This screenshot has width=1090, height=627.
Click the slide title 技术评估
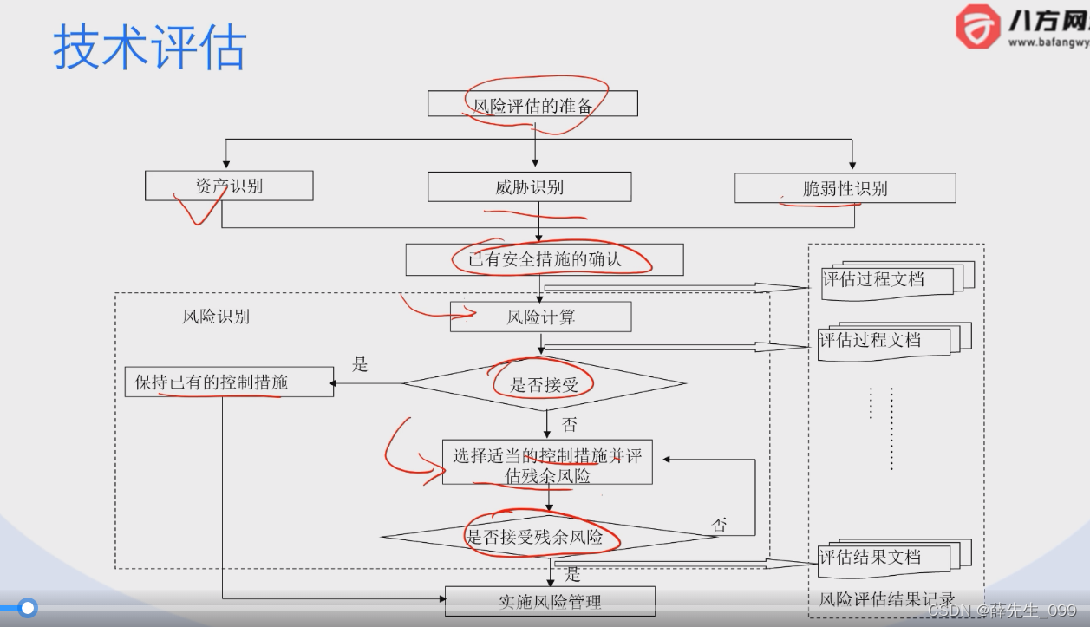[x=149, y=48]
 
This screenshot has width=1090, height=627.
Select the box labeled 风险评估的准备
[x=532, y=104]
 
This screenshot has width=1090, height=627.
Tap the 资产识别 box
[x=229, y=186]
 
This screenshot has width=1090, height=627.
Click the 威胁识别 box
[x=529, y=186]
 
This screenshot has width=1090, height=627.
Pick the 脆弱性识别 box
[x=845, y=188]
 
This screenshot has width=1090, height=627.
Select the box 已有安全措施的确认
[x=544, y=259]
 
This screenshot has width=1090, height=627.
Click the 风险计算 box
[x=540, y=317]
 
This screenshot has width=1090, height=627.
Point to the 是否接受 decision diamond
[x=544, y=383]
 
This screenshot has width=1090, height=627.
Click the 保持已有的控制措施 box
[x=229, y=382]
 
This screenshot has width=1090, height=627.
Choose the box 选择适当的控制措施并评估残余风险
[x=546, y=465]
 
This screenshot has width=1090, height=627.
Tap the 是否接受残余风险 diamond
[x=547, y=537]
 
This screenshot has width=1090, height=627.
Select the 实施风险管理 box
[x=550, y=601]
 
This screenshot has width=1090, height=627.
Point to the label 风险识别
[x=216, y=317]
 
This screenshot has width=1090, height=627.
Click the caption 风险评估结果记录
[x=886, y=598]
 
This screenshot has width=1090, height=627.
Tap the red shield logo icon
[x=977, y=27]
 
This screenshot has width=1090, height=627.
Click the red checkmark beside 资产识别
[x=197, y=209]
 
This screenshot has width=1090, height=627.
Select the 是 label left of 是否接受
[x=361, y=365]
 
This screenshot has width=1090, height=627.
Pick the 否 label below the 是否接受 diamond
[x=569, y=425]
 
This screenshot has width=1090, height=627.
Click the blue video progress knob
[x=28, y=608]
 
